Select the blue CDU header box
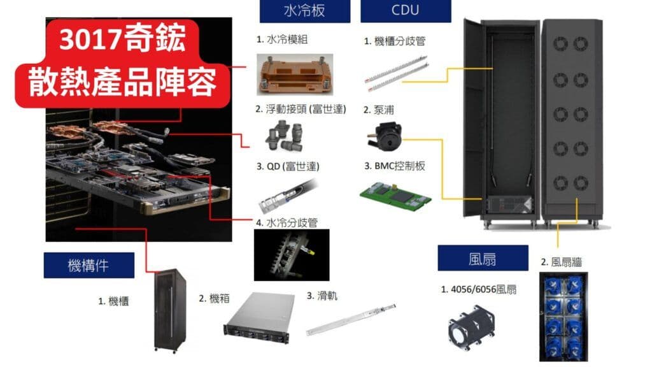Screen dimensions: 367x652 click(406, 11)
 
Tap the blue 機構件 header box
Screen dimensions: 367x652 click(89, 265)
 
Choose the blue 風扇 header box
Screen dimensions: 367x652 click(483, 258)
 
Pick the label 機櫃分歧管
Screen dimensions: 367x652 click(395, 41)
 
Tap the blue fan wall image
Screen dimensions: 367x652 click(563, 316)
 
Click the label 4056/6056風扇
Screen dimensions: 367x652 click(479, 289)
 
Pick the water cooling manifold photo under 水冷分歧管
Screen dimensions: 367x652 click(286, 255)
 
